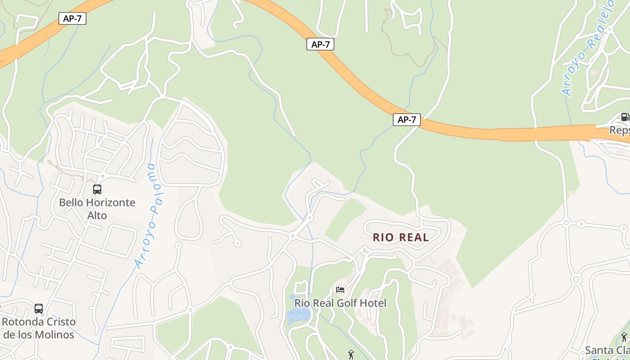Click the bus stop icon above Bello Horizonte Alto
(97, 189)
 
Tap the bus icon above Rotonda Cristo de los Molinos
(39, 309)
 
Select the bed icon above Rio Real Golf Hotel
(340, 290)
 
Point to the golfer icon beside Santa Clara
(624, 337)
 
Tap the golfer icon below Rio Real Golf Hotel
(351, 355)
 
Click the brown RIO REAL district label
(400, 238)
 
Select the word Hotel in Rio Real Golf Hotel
(372, 303)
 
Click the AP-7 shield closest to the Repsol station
(407, 120)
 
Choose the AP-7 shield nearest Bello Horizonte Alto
(72, 19)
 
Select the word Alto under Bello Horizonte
(97, 216)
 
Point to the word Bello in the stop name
(71, 202)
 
